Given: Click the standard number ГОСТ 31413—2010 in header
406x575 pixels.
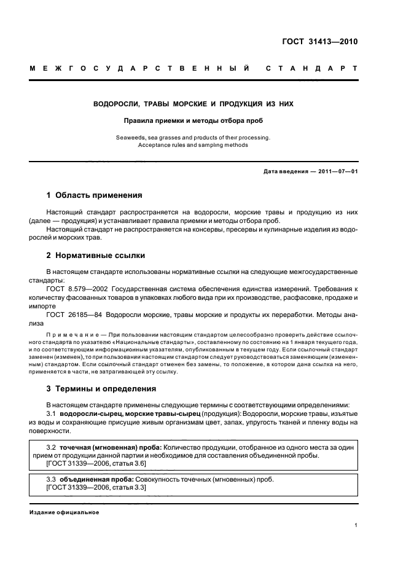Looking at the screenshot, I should click(324, 42).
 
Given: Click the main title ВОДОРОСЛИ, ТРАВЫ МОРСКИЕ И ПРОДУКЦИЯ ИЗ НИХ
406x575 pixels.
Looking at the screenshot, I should click(193, 104).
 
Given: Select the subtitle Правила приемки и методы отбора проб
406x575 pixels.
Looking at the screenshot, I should click(193, 120).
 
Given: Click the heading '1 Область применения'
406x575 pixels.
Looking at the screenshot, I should click(94, 195).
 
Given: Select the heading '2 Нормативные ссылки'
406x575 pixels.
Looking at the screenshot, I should click(96, 255).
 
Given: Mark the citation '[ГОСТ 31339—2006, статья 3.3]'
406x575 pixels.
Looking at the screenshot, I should click(96, 487).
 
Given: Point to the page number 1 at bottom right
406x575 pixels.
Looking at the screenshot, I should click(356, 525).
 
